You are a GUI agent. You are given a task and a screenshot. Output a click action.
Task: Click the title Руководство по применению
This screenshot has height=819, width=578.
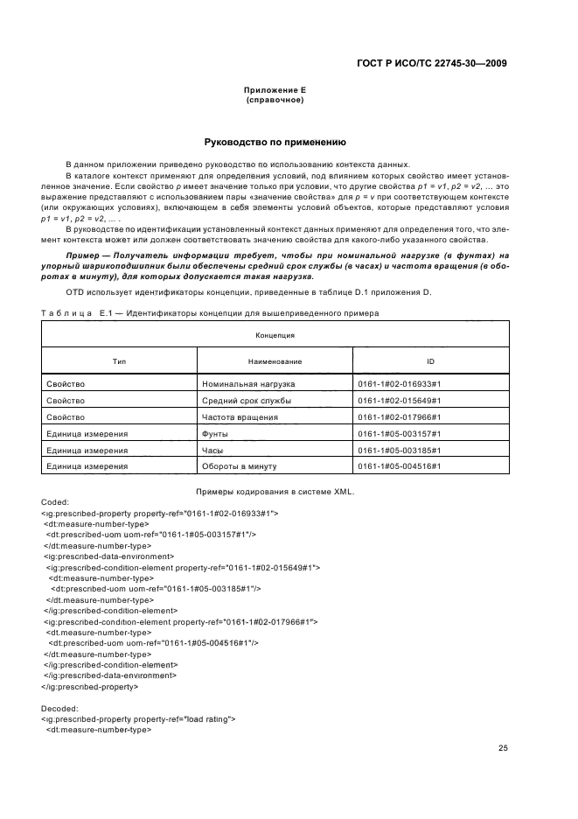coord(275,141)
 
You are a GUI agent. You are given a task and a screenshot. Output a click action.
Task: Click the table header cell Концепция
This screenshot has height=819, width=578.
coord(275,335)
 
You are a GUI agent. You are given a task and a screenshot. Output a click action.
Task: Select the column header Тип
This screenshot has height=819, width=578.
coord(119,360)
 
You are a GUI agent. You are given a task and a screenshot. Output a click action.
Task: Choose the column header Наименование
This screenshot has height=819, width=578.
coord(275,360)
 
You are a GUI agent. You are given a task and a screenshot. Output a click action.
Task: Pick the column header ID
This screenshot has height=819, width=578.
coord(430,360)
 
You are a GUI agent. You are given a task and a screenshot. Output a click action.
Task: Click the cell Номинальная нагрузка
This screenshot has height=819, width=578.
coord(248,384)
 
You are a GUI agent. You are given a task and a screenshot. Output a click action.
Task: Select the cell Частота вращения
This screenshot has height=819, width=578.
coord(240,417)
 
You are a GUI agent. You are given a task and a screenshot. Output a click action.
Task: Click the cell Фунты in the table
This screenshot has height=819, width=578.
coord(216,433)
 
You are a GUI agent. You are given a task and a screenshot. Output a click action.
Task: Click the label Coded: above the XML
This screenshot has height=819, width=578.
coord(54,503)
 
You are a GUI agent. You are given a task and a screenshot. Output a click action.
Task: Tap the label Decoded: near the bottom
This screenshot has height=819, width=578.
coord(59,709)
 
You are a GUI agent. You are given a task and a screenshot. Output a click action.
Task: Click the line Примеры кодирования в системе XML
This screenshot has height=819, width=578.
coord(275,492)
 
